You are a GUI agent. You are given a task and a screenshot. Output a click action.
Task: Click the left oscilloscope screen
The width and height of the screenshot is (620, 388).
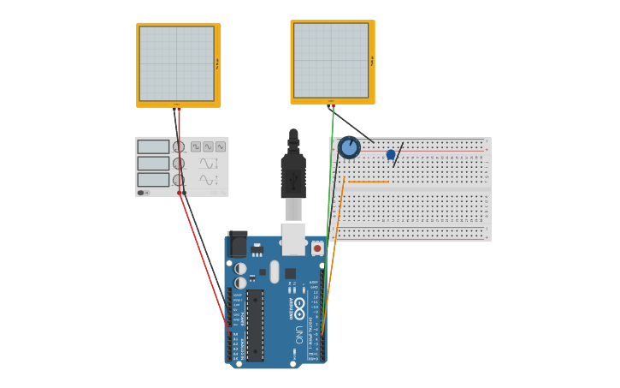177,63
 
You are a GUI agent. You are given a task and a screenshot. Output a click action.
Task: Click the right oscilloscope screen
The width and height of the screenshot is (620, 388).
331,60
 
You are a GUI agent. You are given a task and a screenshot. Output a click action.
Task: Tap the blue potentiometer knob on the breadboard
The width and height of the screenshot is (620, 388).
349,147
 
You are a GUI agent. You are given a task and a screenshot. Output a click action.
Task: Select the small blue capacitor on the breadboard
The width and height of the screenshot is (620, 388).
391,155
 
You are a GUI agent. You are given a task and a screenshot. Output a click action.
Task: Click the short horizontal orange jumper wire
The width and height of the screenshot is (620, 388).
368,182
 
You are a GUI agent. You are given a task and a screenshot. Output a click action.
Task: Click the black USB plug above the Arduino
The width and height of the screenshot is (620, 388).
293,175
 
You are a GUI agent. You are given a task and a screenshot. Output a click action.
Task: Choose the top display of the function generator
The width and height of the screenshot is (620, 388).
153,146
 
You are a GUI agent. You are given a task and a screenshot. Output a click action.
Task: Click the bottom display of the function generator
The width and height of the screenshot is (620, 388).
153,179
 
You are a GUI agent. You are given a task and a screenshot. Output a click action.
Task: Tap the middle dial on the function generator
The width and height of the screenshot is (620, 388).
179,164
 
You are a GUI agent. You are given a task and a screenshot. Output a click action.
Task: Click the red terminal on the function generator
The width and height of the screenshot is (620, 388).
180,193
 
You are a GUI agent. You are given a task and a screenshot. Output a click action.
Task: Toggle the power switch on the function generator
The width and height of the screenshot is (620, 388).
141,193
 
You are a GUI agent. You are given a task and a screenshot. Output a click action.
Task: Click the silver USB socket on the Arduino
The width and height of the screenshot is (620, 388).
293,240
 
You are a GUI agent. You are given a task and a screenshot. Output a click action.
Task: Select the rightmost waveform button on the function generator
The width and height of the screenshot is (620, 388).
221,146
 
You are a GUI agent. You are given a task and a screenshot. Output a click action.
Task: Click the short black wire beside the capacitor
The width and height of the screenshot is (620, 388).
398,154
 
